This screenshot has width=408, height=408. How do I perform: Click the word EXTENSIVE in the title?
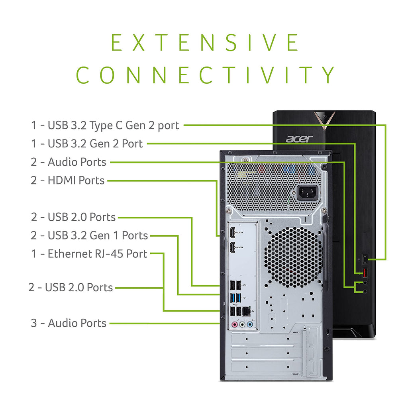point(205,43)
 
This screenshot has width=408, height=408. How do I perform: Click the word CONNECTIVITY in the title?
point(206,75)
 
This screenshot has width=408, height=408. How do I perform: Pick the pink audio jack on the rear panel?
point(235,325)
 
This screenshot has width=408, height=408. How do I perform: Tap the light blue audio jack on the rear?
point(249,325)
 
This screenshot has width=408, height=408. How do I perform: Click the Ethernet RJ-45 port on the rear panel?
point(247,311)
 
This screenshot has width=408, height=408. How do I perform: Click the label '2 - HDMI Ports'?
point(68,180)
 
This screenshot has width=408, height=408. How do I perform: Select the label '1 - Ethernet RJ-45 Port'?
point(89,254)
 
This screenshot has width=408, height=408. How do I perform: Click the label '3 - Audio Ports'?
point(69,323)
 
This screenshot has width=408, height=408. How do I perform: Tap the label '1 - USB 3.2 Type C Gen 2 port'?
point(105,126)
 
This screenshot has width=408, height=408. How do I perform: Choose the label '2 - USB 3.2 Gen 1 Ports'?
point(89,235)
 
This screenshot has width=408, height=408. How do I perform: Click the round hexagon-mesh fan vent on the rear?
point(293,257)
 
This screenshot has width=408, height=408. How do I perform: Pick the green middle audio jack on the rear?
point(242,325)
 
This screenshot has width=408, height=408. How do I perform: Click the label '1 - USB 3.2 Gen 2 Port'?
point(87,143)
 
